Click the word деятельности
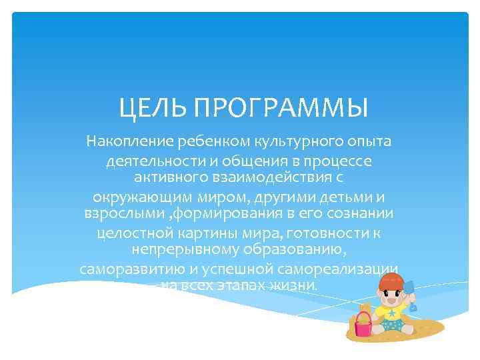click(145, 162)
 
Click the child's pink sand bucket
click(363, 324)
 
